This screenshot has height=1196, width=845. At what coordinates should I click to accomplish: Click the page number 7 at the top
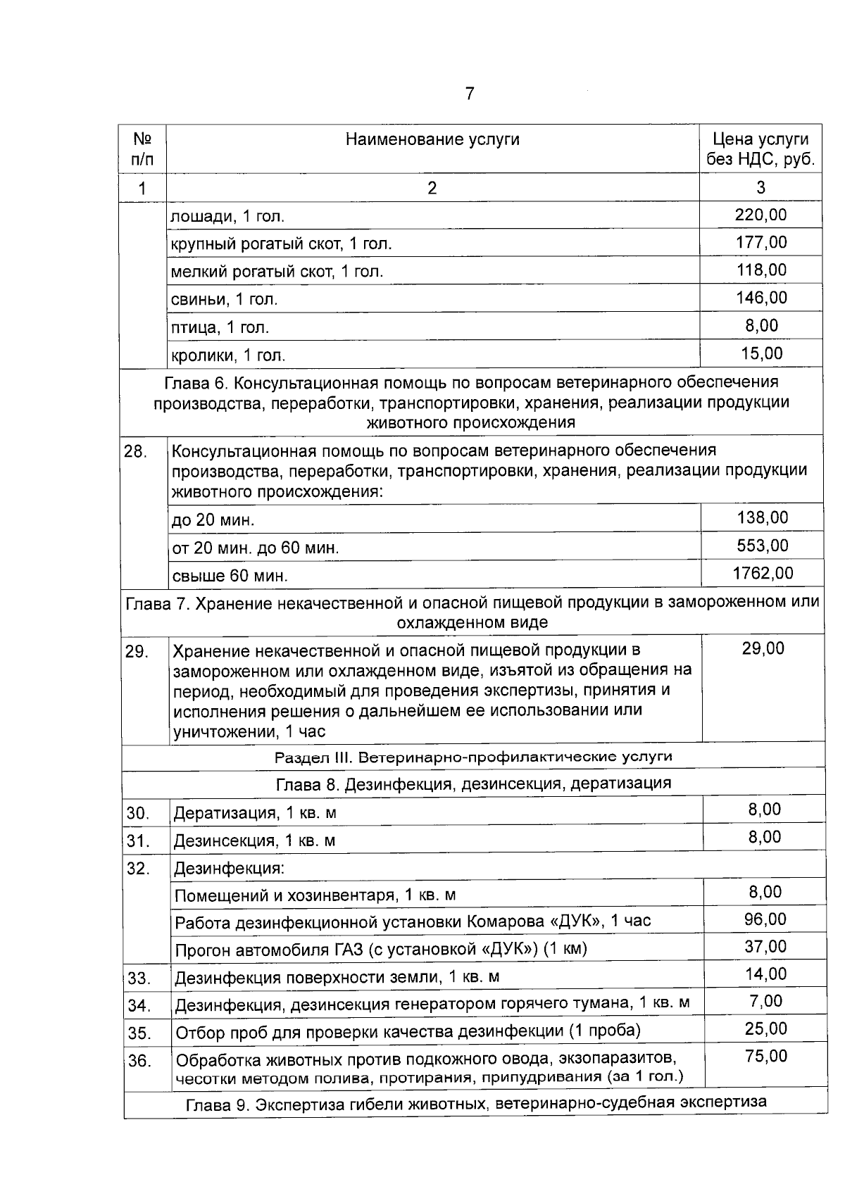[x=470, y=94]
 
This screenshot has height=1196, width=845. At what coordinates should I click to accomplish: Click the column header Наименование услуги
[x=432, y=139]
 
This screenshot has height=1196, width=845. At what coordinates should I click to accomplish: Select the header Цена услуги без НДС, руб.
[x=760, y=149]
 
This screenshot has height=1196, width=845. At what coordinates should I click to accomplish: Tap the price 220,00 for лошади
[x=760, y=215]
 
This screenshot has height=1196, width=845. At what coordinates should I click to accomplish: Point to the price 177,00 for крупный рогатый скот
[x=760, y=242]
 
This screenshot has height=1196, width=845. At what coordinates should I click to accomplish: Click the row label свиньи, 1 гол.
[x=225, y=299]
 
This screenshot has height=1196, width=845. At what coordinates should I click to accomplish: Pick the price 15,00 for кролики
[x=762, y=353]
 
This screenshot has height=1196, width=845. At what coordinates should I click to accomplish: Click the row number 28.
[x=135, y=452]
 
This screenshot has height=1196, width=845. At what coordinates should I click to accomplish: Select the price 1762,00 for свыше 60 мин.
[x=763, y=573]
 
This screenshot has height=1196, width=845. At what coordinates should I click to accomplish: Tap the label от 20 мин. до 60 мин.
[x=256, y=548]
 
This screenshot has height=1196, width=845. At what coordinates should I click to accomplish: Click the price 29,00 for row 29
[x=763, y=648]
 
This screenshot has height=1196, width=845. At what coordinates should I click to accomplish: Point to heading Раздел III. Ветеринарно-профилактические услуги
[x=473, y=757]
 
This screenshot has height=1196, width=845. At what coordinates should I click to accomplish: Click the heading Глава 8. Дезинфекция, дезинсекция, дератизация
[x=473, y=783]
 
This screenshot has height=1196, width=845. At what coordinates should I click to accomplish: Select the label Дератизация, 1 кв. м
[x=255, y=813]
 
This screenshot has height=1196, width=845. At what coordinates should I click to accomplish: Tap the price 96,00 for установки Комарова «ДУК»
[x=765, y=919]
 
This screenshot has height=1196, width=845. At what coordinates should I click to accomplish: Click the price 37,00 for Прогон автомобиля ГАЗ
[x=765, y=947]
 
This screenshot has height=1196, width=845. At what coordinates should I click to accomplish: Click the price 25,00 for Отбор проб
[x=765, y=1029]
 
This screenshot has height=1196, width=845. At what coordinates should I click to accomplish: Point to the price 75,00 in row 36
[x=765, y=1056]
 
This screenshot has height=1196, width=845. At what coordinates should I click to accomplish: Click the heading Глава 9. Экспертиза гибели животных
[x=476, y=1103]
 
